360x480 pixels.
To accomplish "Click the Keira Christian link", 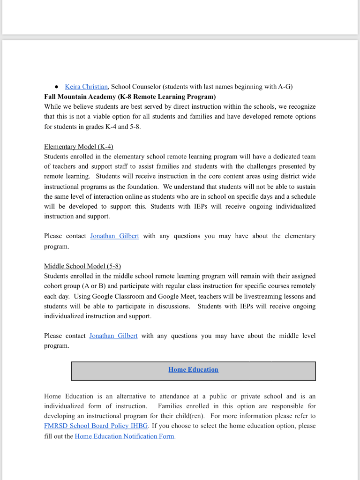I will tap(86, 87).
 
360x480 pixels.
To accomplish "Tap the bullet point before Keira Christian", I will tap(56, 87).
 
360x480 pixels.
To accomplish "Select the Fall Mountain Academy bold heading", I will tap(130, 97).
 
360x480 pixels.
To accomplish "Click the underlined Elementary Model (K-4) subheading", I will tap(79, 146).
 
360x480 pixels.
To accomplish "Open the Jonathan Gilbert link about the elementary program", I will tap(114, 236).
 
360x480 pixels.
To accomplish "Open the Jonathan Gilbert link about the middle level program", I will tap(113, 336).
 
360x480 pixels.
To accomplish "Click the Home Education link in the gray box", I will tap(193, 369).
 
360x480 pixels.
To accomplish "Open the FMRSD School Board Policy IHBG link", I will tap(96, 426).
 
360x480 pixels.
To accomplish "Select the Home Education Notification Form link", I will tap(124, 436).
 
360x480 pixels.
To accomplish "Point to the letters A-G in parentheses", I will tap(284, 87).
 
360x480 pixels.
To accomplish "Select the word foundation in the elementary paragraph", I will tap(140, 186).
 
